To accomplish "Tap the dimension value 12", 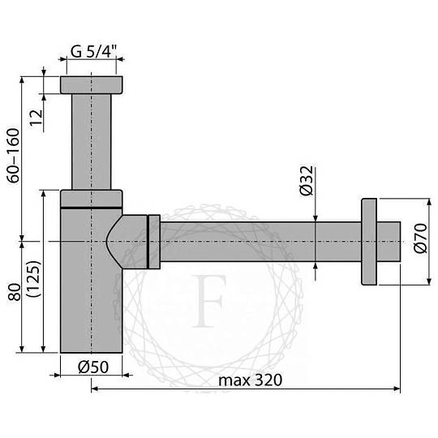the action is click(x=36, y=118).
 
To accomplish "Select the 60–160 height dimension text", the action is click(x=14, y=155).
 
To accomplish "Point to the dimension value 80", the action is click(x=15, y=292).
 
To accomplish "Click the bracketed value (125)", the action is click(x=34, y=279).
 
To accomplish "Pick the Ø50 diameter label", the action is click(x=93, y=367).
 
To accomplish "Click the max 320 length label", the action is click(x=251, y=380).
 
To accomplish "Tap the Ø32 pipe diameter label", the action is click(x=307, y=180).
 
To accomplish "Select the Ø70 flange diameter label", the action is click(x=421, y=238).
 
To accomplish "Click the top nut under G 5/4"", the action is click(x=92, y=85).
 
